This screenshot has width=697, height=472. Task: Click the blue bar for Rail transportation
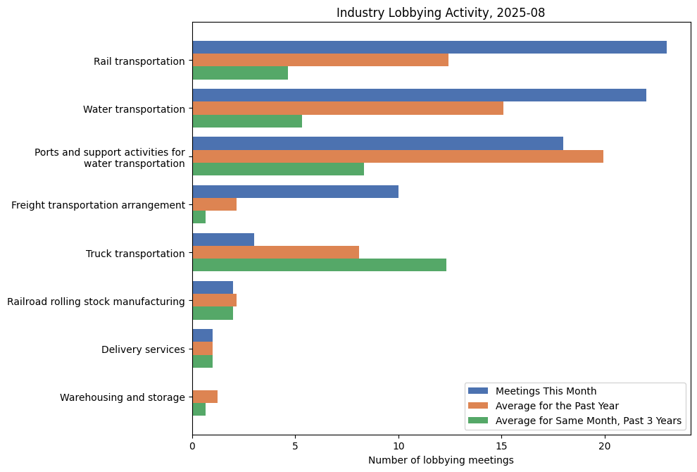(429, 47)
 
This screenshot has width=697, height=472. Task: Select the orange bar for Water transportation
(348, 108)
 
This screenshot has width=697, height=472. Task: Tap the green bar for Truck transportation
(319, 265)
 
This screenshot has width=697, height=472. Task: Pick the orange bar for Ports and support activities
(398, 156)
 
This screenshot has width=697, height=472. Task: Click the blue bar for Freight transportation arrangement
(295, 192)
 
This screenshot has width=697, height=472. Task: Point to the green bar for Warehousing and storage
(199, 409)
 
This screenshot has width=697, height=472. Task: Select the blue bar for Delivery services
(202, 336)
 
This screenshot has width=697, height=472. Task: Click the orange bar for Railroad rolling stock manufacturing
(214, 300)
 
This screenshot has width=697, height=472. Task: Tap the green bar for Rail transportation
(240, 73)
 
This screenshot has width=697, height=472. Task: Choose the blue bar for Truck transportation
(223, 240)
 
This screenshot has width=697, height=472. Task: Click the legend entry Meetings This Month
(546, 391)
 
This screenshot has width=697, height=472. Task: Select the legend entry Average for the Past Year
(557, 406)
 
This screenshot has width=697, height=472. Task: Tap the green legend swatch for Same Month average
(477, 421)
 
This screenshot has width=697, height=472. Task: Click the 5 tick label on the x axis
(295, 445)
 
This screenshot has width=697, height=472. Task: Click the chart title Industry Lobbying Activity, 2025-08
(441, 13)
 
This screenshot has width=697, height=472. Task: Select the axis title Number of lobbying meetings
(441, 460)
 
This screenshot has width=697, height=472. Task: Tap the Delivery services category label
(143, 349)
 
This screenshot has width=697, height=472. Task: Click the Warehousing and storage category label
(123, 397)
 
